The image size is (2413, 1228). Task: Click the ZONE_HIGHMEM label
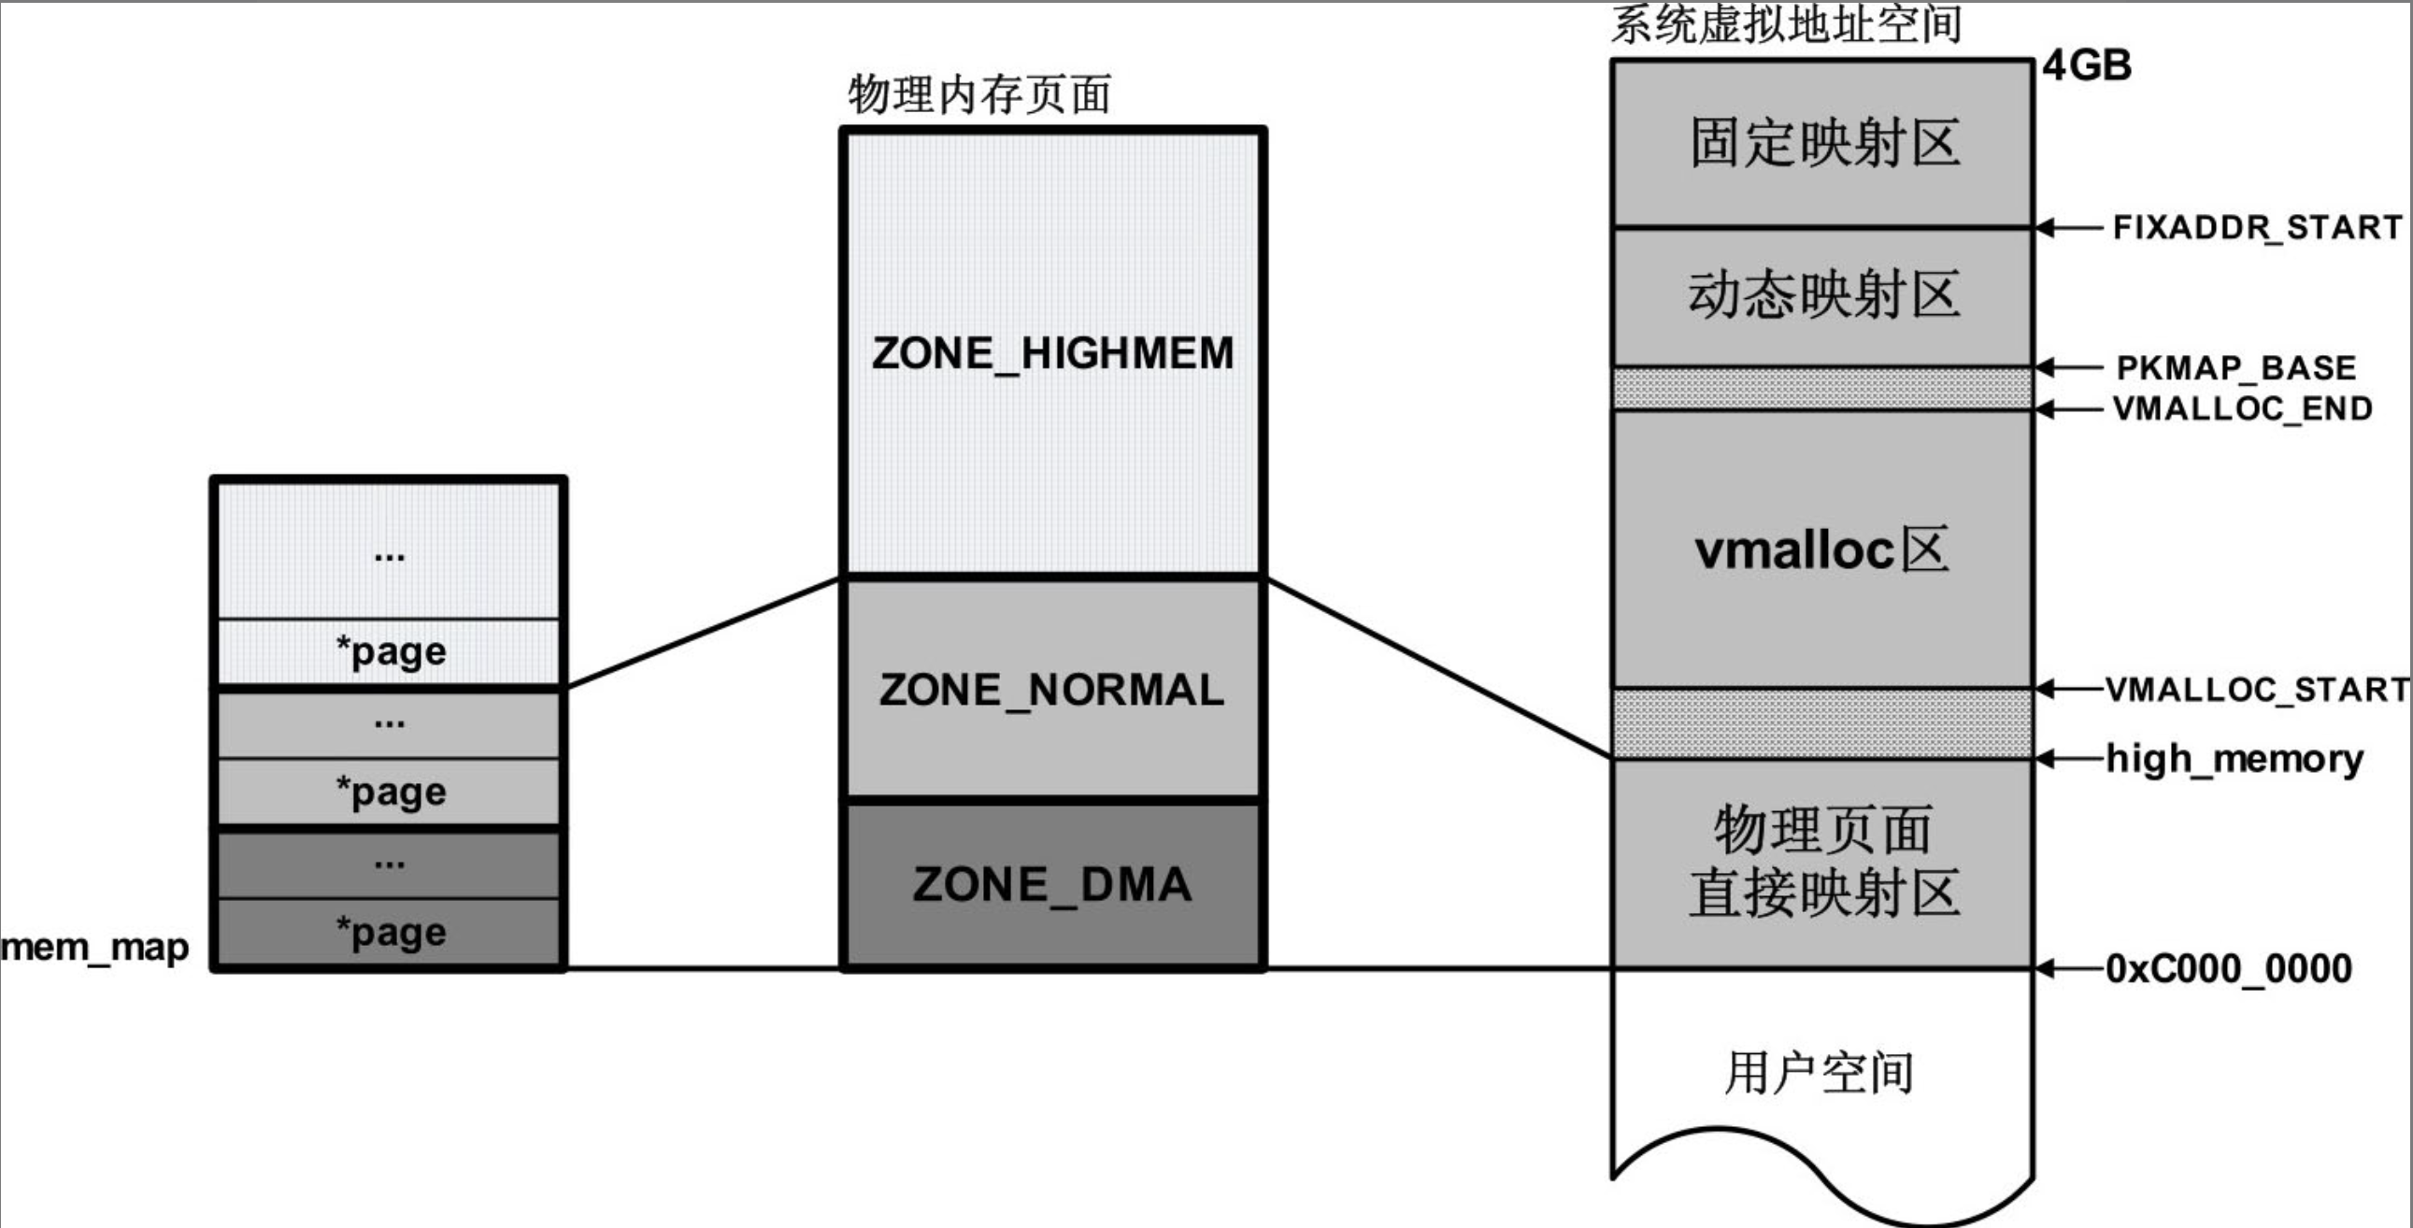pyautogui.click(x=1053, y=354)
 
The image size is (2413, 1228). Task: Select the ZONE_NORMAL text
pyautogui.click(x=1052, y=691)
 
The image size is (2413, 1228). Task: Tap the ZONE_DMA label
pyautogui.click(x=1053, y=885)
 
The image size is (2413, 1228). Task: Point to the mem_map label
pyautogui.click(x=94, y=948)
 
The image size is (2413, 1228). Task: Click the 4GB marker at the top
pyautogui.click(x=2087, y=65)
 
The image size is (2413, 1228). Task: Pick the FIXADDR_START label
pyautogui.click(x=2258, y=228)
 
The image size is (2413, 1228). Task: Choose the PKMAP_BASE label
pyautogui.click(x=2236, y=367)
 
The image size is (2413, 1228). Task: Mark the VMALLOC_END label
pyautogui.click(x=2243, y=408)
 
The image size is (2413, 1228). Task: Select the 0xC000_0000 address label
pyautogui.click(x=2229, y=968)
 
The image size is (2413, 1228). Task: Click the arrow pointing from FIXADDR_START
pyautogui.click(x=2068, y=228)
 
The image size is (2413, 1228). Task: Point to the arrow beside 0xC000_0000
pyautogui.click(x=2068, y=968)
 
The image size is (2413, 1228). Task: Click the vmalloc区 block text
pyautogui.click(x=1822, y=550)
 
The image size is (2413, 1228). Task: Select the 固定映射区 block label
pyautogui.click(x=1824, y=143)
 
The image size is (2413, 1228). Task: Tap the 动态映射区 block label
pyautogui.click(x=1824, y=295)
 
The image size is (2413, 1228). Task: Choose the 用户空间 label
pyautogui.click(x=1820, y=1074)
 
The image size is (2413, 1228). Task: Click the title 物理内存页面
pyautogui.click(x=979, y=94)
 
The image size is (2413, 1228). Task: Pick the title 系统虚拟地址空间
pyautogui.click(x=1786, y=24)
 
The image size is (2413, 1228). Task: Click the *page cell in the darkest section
pyautogui.click(x=391, y=932)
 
